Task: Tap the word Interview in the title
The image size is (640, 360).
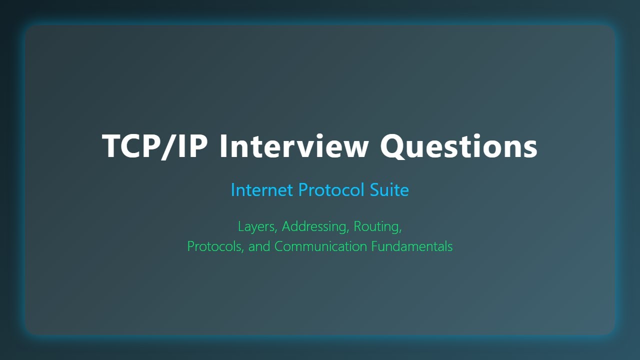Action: click(294, 146)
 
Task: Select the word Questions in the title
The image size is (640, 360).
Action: click(458, 146)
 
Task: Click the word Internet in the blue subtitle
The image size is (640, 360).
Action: click(261, 190)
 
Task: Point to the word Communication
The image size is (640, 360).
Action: click(320, 246)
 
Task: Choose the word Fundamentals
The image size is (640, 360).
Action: click(411, 246)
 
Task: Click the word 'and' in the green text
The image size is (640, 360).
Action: click(259, 246)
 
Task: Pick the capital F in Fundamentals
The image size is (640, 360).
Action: click(374, 246)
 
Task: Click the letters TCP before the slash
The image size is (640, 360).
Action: click(132, 146)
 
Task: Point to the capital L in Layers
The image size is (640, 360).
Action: click(241, 226)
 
